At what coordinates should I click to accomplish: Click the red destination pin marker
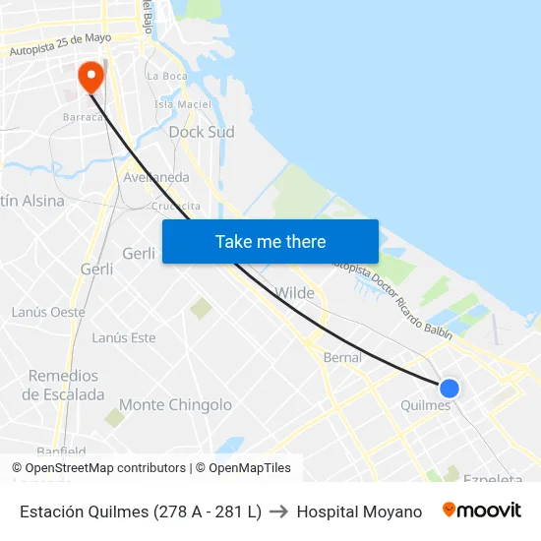click(x=90, y=76)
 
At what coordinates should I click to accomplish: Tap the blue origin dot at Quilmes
click(x=450, y=389)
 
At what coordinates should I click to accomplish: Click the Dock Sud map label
click(x=201, y=132)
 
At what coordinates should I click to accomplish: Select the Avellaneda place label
click(x=156, y=177)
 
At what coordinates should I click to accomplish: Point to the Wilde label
click(x=295, y=293)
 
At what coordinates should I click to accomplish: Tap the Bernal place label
click(x=342, y=358)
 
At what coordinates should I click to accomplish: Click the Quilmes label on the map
click(x=426, y=405)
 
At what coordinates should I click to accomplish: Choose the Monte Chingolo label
click(x=175, y=404)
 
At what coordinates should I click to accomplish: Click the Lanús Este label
click(x=124, y=337)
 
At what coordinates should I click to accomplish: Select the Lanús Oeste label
click(x=48, y=312)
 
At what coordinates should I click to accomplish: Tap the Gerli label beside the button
click(x=139, y=254)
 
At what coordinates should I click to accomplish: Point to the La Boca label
click(x=165, y=76)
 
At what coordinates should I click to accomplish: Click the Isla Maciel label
click(x=182, y=104)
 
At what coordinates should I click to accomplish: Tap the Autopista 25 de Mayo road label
click(x=60, y=44)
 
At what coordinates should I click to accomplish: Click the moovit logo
click(x=482, y=511)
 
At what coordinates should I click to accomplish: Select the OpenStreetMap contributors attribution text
click(x=98, y=468)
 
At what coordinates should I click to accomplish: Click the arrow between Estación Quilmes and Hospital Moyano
click(x=279, y=511)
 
